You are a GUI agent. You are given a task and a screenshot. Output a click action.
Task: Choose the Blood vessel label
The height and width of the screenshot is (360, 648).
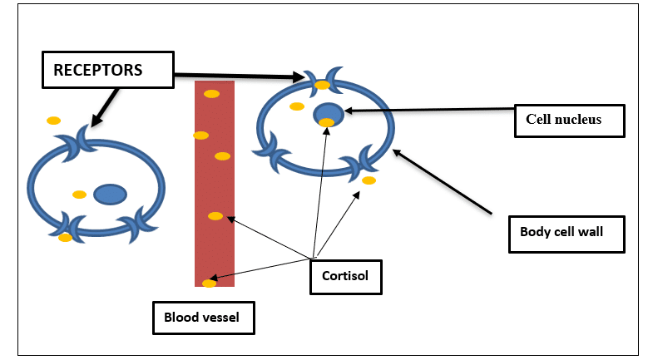pyautogui.click(x=203, y=316)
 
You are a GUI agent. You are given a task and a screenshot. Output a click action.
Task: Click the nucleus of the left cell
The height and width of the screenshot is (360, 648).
pyautogui.click(x=110, y=194)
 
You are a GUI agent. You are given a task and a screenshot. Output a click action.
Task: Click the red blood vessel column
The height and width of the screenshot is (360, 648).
pyautogui.click(x=214, y=183)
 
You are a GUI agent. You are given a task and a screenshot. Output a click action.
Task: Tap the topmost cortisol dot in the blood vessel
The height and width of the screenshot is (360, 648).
pyautogui.click(x=211, y=93)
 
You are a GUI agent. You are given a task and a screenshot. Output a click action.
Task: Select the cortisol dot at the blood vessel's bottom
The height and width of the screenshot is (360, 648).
pyautogui.click(x=210, y=284)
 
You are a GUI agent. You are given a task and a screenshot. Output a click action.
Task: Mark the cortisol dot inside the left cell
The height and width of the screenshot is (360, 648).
pyautogui.click(x=79, y=195)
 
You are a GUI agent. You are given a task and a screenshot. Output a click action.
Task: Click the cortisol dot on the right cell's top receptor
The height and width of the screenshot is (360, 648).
pyautogui.click(x=323, y=85)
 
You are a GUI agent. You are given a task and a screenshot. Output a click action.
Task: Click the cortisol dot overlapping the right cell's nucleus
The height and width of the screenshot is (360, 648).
pyautogui.click(x=327, y=123)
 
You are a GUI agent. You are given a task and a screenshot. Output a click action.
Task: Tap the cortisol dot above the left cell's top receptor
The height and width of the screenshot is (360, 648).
pyautogui.click(x=53, y=121)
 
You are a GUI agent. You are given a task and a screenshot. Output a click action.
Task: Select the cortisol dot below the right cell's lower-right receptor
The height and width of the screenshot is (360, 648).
pyautogui.click(x=369, y=180)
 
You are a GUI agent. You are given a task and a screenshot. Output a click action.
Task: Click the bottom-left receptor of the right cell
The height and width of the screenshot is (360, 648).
pyautogui.click(x=273, y=152)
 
